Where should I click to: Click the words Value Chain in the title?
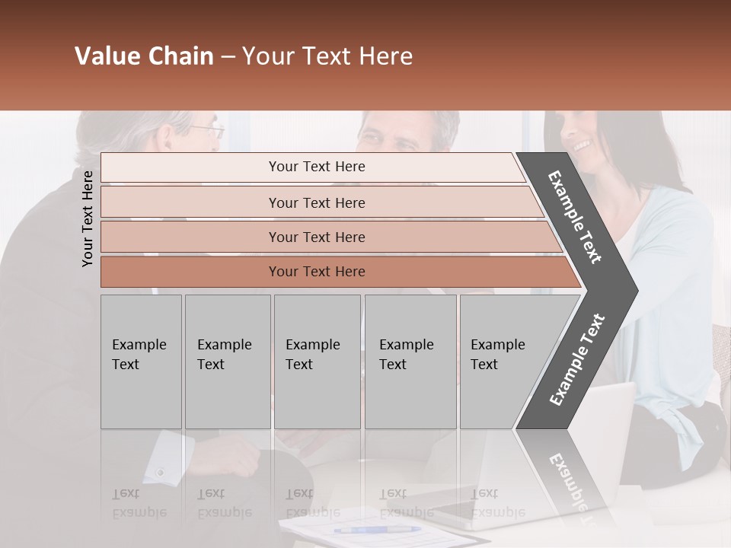(x=144, y=56)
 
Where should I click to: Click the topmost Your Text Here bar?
(x=316, y=167)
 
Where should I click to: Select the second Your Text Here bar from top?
(x=316, y=202)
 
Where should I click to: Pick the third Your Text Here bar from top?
(x=316, y=237)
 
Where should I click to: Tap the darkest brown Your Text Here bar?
(x=316, y=272)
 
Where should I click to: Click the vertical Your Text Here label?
(x=88, y=218)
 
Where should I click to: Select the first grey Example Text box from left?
(x=141, y=362)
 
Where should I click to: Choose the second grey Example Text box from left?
(x=227, y=362)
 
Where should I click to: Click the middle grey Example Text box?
(x=317, y=362)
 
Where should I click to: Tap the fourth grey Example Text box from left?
(x=410, y=362)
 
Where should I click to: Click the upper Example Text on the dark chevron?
(x=575, y=217)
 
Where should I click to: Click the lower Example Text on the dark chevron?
(x=577, y=360)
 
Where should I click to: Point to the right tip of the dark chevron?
(x=636, y=290)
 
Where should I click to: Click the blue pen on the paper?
(x=377, y=529)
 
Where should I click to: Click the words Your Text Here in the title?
(x=327, y=56)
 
